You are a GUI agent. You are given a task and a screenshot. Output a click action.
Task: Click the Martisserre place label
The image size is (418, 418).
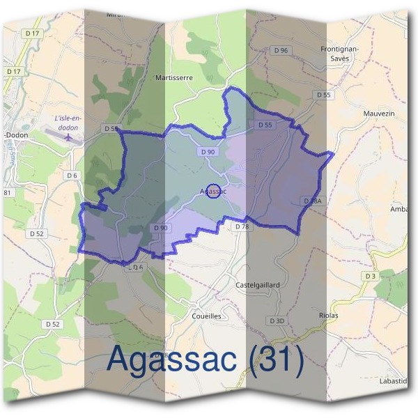pyautogui.click(x=173, y=78)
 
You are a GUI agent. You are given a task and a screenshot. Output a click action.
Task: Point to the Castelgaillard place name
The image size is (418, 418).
pyautogui.click(x=258, y=285)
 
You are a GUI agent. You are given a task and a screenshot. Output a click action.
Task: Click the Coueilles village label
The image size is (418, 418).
pyautogui.click(x=206, y=315)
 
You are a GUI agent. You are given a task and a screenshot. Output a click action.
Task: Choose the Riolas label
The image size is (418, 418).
pyautogui.click(x=328, y=315)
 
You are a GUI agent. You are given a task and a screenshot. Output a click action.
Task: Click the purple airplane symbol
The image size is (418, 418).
pyautogui.click(x=68, y=137)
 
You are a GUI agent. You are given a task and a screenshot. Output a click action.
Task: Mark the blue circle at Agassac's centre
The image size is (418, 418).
pyautogui.click(x=215, y=190)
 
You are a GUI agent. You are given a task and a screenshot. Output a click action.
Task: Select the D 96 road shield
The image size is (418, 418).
pyautogui.click(x=281, y=50)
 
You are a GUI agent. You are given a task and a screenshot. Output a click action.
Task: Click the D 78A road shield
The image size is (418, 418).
pyautogui.click(x=312, y=201)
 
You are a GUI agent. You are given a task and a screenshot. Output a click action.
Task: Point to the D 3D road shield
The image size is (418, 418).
pyautogui.click(x=277, y=320)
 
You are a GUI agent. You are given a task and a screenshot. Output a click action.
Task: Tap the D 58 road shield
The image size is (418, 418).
pyautogui.click(x=111, y=128)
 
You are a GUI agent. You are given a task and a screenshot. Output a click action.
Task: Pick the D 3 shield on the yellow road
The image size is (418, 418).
pyautogui.click(x=370, y=277)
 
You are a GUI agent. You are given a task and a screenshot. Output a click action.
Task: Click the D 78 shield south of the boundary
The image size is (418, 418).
pyautogui.click(x=242, y=227)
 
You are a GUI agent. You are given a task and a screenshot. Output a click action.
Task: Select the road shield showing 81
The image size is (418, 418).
pyautogui.click(x=8, y=192)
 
